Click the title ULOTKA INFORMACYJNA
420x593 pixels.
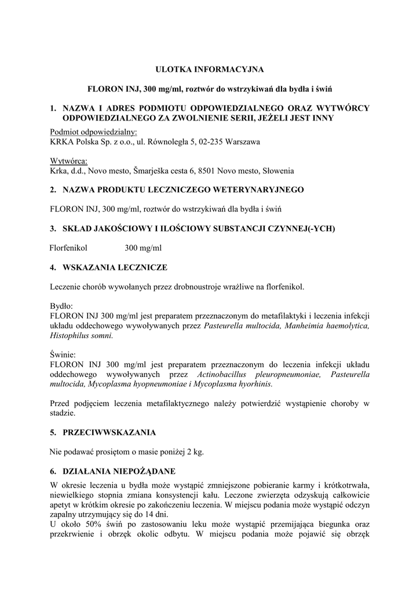pos(210,69)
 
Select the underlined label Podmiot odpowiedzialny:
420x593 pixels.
pos(93,131)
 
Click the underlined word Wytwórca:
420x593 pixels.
pos(68,161)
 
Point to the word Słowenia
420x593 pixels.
pos(278,171)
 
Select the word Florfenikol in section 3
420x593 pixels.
pos(70,248)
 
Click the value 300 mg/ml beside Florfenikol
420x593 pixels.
pos(143,248)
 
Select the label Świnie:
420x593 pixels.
pos(63,354)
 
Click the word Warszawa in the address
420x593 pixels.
pos(244,141)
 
